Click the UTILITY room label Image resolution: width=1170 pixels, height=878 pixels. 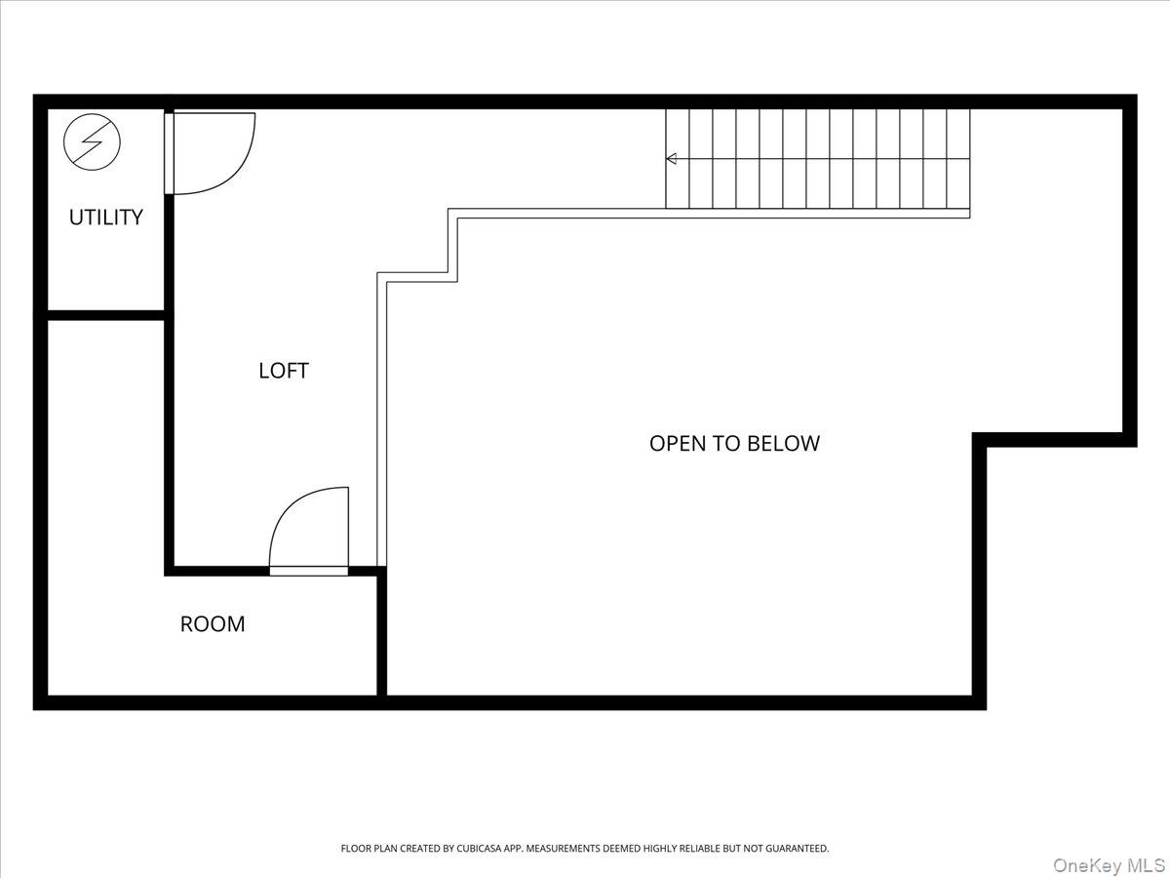105,217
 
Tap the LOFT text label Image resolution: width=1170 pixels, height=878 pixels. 283,371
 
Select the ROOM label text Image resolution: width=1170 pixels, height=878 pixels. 213,623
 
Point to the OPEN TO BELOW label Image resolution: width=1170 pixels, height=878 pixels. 734,443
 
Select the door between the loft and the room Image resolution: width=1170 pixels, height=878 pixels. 308,570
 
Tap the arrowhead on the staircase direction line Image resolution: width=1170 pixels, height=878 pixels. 671,158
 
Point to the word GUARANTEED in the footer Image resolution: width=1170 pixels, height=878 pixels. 792,849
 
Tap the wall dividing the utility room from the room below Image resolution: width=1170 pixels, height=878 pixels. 105,315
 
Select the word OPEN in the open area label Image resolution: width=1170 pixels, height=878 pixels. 679,443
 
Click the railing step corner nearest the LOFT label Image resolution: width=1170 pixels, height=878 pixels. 383,278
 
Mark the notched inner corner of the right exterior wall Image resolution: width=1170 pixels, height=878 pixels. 979,441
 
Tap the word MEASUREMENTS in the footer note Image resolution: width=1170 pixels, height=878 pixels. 570,849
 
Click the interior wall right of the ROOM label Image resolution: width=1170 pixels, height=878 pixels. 382,634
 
